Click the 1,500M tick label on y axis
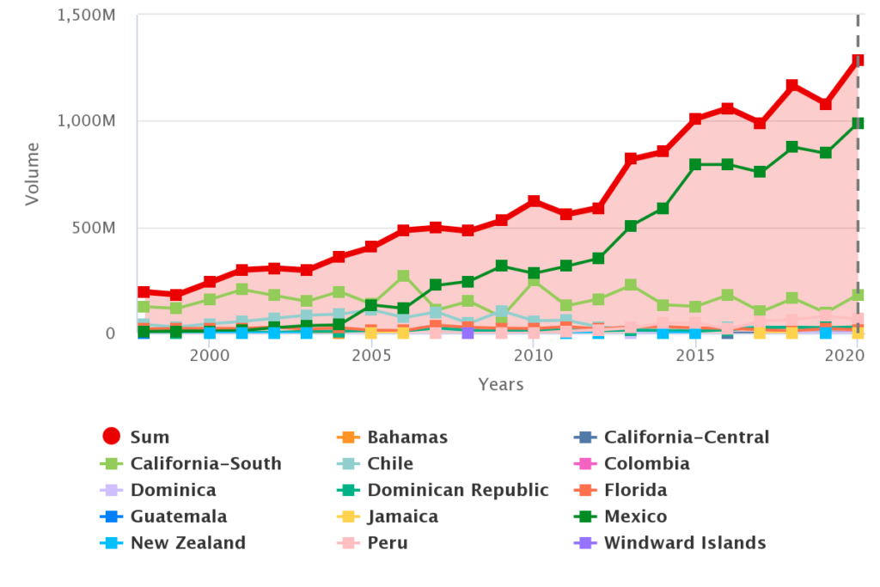pyautogui.click(x=86, y=15)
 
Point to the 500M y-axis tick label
pyautogui.click(x=95, y=228)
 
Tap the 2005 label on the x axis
pyautogui.click(x=371, y=356)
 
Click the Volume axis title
pyautogui.click(x=33, y=176)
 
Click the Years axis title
pyautogui.click(x=500, y=384)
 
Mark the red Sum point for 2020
pyautogui.click(x=857, y=61)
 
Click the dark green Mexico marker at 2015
pyautogui.click(x=695, y=164)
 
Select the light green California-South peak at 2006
pyautogui.click(x=404, y=276)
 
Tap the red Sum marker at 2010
pyautogui.click(x=534, y=201)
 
